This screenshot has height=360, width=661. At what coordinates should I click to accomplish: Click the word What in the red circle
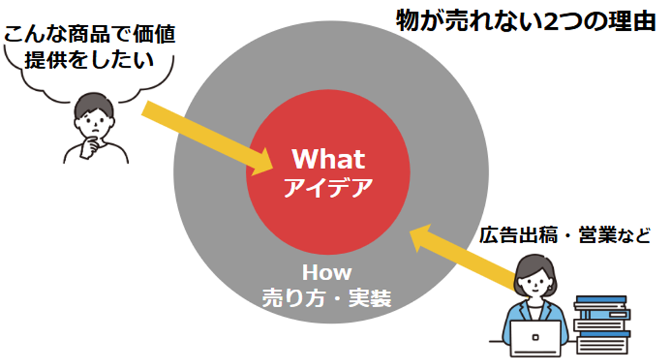[329, 159]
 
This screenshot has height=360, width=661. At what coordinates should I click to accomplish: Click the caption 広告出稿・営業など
[564, 235]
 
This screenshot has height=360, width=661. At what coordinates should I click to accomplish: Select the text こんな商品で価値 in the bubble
[89, 34]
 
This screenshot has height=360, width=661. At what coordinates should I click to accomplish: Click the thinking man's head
[94, 113]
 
